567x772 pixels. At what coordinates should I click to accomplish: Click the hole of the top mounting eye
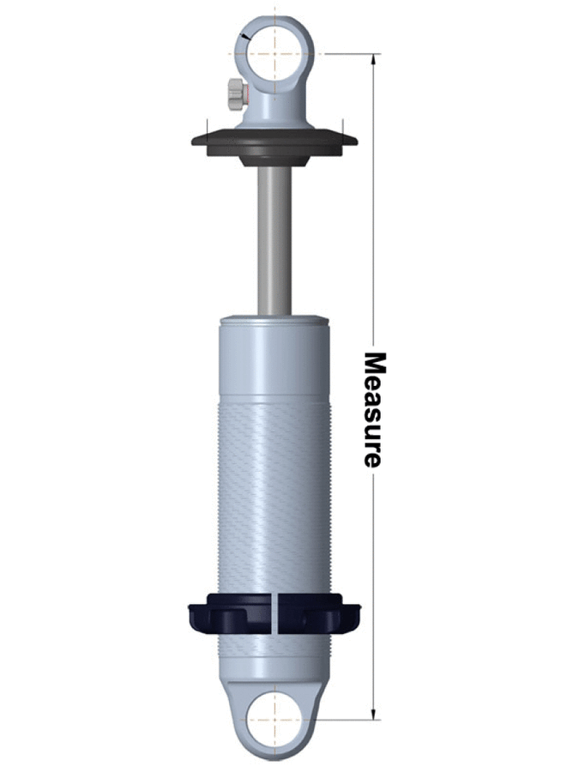(x=274, y=53)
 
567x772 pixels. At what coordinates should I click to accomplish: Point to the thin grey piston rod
(x=274, y=240)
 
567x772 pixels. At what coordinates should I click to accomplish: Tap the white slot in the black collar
(x=275, y=612)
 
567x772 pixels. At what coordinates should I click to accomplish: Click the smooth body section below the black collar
(x=274, y=656)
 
